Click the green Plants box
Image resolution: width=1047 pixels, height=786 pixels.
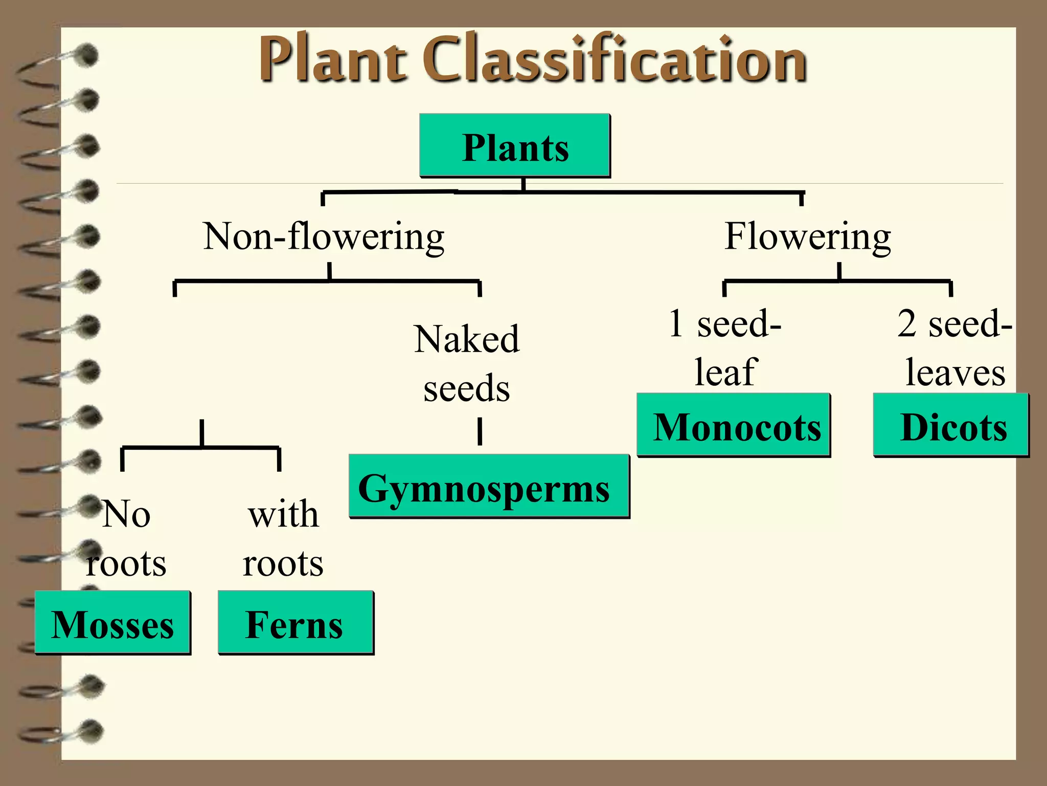pyautogui.click(x=515, y=146)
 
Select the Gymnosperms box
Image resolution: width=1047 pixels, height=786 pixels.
pyautogui.click(x=489, y=486)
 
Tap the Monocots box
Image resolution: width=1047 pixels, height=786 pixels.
pyautogui.click(x=734, y=425)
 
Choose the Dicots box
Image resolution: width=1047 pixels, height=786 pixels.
pyautogui.click(x=951, y=425)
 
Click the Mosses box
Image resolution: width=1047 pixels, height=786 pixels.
pyautogui.click(x=112, y=623)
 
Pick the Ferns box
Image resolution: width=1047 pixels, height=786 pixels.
pyautogui.click(x=295, y=623)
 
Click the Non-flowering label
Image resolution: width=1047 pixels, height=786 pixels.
pyautogui.click(x=324, y=236)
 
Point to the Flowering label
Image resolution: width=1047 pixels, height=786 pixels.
pyautogui.click(x=808, y=236)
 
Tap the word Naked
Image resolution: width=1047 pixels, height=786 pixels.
pyautogui.click(x=467, y=339)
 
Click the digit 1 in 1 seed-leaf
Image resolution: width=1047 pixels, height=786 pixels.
pyautogui.click(x=676, y=323)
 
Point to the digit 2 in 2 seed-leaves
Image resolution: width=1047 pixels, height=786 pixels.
pyautogui.click(x=907, y=323)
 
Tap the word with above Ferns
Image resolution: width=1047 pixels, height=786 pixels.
pyautogui.click(x=284, y=514)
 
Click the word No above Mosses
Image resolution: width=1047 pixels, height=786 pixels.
pyautogui.click(x=127, y=514)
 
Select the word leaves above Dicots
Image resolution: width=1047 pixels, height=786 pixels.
pyautogui.click(x=955, y=373)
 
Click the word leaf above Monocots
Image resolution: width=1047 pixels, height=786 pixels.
pyautogui.click(x=726, y=372)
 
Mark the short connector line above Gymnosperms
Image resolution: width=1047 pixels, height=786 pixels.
pyautogui.click(x=480, y=431)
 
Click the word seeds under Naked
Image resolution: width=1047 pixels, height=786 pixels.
pyautogui.click(x=467, y=388)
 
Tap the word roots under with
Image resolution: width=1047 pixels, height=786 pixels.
pyautogui.click(x=283, y=563)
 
